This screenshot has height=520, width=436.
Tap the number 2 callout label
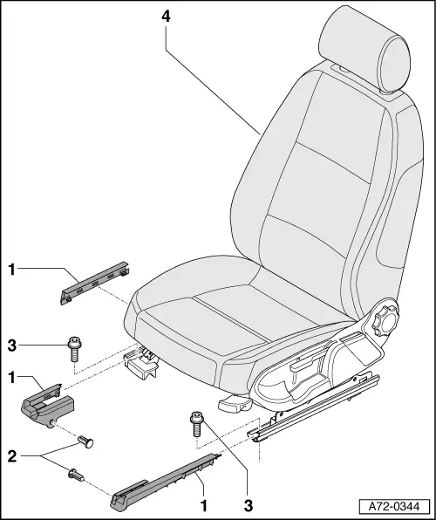point(10,455)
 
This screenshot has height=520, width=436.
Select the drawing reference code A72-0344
point(394,505)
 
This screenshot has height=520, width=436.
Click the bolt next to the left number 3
point(72,350)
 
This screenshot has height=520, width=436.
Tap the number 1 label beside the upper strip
point(10,270)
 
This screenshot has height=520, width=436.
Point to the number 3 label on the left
point(10,346)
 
